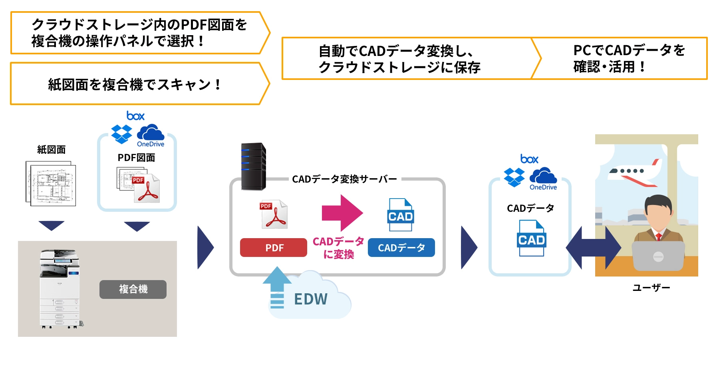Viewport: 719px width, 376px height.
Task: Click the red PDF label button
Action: click(274, 248)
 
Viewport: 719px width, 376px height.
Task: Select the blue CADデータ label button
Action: click(401, 248)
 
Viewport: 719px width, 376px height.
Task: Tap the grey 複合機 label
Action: click(133, 289)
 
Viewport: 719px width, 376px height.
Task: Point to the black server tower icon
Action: click(253, 166)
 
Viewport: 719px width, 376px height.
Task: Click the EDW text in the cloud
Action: click(311, 299)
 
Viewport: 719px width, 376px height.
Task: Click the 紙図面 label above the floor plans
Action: click(51, 150)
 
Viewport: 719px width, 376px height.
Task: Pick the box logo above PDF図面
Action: click(135, 116)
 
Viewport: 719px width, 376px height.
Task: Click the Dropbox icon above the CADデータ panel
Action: click(514, 177)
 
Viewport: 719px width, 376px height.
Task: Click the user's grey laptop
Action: click(658, 256)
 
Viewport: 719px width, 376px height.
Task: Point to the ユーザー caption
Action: click(651, 288)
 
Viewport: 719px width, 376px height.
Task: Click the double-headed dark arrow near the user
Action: click(593, 248)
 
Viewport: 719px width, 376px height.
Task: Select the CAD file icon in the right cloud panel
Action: click(531, 238)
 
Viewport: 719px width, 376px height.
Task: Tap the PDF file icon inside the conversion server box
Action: click(274, 215)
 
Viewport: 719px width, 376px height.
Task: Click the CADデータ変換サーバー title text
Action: click(344, 179)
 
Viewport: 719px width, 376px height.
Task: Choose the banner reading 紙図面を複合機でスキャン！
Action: click(134, 84)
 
